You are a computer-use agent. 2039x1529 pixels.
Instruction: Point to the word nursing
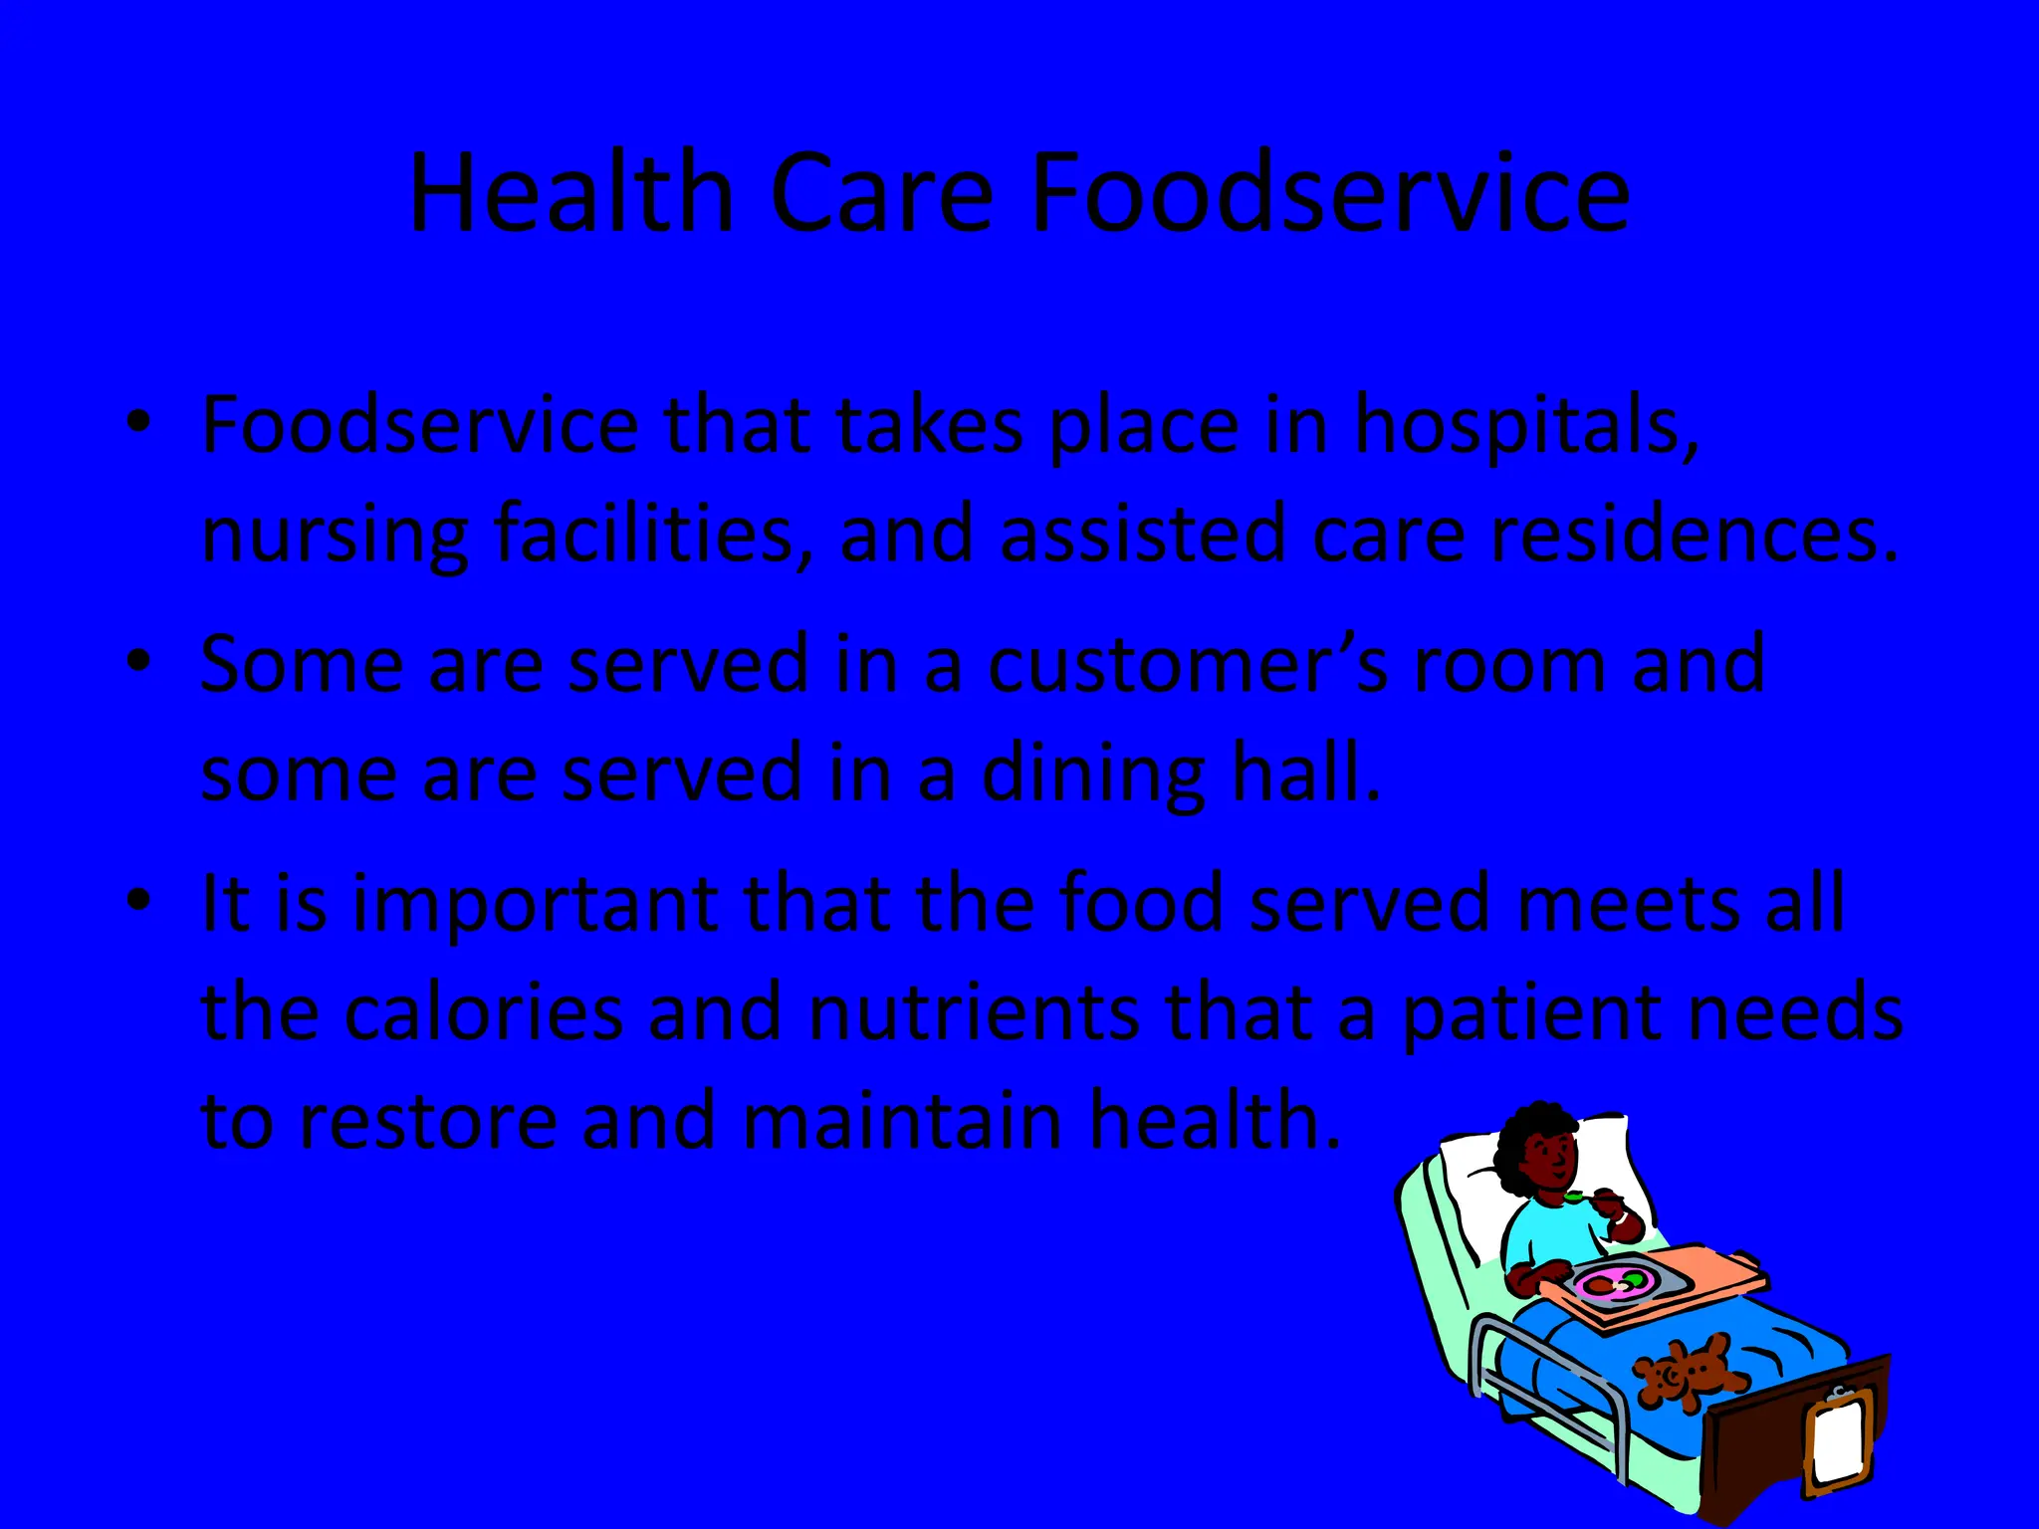click(334, 536)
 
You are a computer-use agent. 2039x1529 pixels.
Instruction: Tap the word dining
click(1093, 774)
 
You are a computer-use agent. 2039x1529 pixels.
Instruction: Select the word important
click(535, 904)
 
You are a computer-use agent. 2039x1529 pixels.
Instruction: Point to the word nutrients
click(974, 1011)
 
